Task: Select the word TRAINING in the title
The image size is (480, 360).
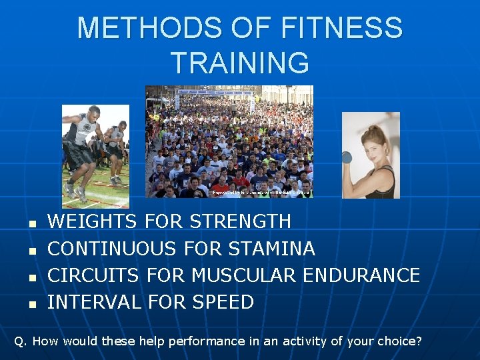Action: pos(240,63)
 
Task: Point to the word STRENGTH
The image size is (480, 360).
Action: pos(240,221)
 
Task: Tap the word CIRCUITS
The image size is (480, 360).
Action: pos(93,275)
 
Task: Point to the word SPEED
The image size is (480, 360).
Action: pos(223,302)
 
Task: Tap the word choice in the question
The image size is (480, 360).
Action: pos(399,341)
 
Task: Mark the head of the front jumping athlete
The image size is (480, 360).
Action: pos(93,113)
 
